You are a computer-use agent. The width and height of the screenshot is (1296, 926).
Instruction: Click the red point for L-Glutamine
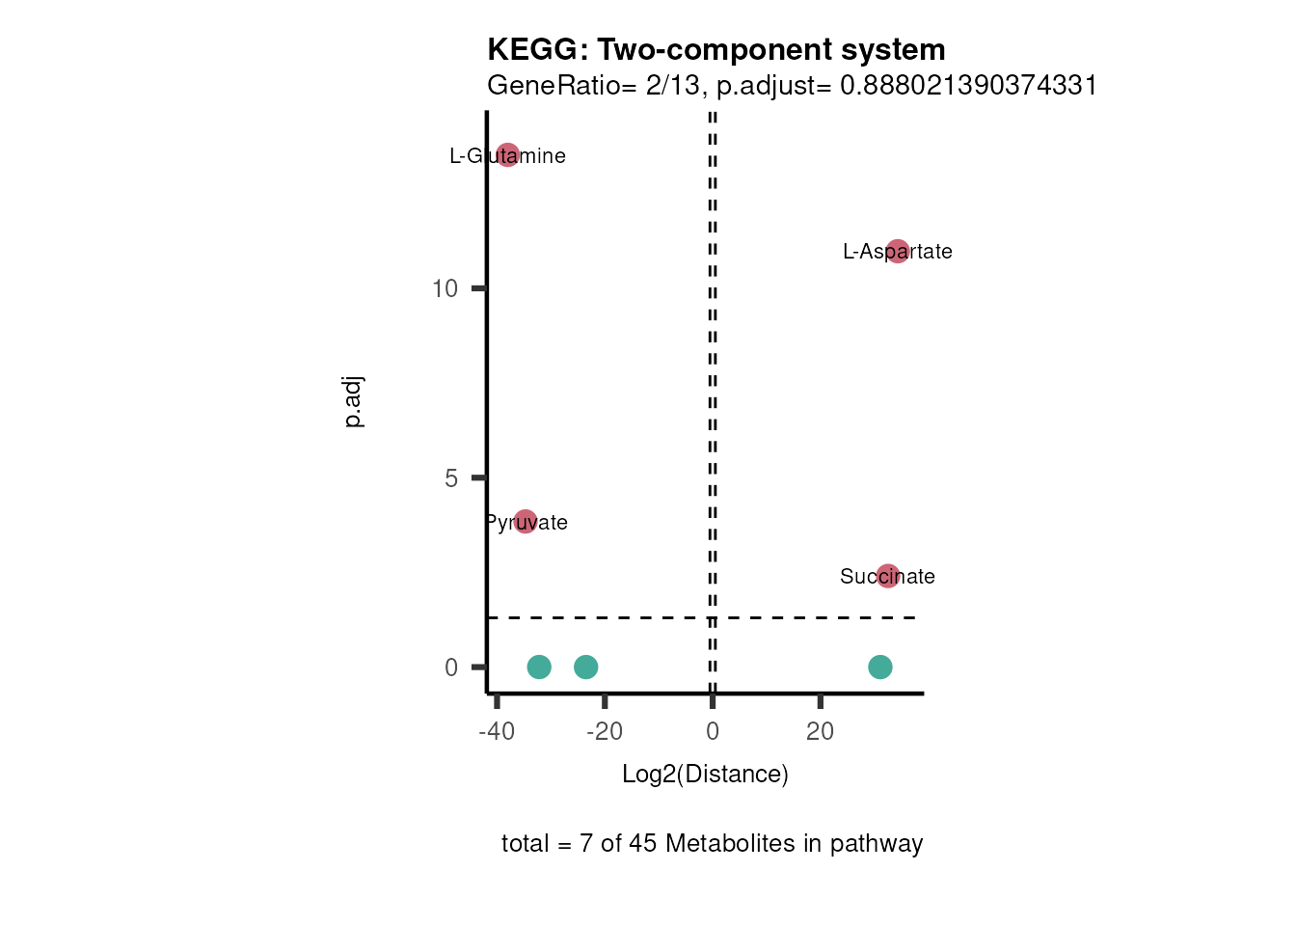point(508,154)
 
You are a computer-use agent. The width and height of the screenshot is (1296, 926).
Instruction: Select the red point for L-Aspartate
point(898,251)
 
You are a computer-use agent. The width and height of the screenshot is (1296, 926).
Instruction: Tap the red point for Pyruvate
point(525,522)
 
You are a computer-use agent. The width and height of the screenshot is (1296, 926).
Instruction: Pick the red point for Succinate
point(888,576)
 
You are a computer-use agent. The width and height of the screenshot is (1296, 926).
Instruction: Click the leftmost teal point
point(539,667)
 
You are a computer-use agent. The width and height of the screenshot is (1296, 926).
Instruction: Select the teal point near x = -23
point(585,667)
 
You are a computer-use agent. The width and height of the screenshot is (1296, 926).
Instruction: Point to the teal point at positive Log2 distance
point(879,667)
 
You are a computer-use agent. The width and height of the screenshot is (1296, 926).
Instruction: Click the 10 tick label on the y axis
point(445,288)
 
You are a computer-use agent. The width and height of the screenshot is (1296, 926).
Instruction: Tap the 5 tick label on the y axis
point(451,478)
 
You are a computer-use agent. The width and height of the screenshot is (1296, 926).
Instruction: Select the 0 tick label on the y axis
point(451,667)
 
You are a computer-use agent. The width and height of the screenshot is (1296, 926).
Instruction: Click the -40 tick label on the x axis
point(497,731)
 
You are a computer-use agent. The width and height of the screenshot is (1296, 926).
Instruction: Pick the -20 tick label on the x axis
point(605,731)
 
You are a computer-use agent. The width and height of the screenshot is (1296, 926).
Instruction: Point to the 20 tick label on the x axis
point(820,731)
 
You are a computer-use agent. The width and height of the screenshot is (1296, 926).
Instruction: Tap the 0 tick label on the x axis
point(713,731)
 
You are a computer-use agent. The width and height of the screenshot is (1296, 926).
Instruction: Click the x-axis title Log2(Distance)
point(705,774)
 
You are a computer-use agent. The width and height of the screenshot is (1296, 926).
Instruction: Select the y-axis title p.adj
point(354,402)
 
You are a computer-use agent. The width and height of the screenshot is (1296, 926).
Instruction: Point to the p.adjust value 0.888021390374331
point(968,86)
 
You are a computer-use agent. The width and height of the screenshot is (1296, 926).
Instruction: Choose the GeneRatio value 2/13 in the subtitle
point(673,86)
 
